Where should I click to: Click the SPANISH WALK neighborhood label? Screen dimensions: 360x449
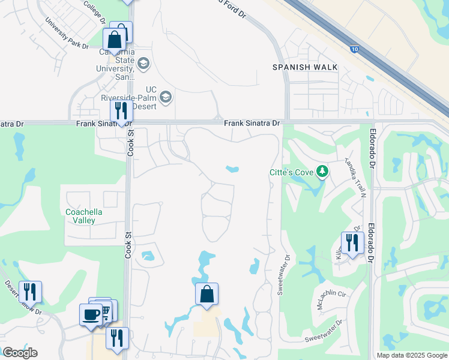(x=304, y=67)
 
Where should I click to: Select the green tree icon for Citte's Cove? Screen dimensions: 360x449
(x=323, y=172)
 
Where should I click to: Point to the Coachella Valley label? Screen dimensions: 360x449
(x=84, y=216)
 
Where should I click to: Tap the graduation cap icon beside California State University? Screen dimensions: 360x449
(x=143, y=62)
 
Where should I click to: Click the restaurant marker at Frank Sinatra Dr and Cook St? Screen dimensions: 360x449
(x=121, y=112)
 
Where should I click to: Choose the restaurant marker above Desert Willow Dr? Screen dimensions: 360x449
(x=30, y=292)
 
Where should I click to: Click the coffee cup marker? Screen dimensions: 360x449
(x=91, y=315)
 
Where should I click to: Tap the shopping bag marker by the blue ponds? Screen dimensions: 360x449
(x=206, y=295)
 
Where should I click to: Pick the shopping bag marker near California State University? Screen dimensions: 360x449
(x=114, y=41)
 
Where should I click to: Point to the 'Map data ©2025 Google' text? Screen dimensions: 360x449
(x=411, y=355)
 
